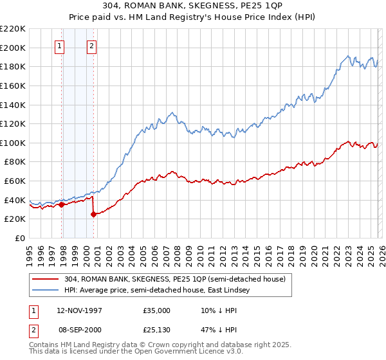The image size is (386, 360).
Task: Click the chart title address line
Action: (192, 6)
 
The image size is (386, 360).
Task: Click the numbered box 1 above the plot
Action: (60, 46)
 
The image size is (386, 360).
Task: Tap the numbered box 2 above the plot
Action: (92, 46)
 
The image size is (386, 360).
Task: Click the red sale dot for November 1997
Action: (62, 205)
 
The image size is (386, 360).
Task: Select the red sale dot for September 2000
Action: (94, 214)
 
